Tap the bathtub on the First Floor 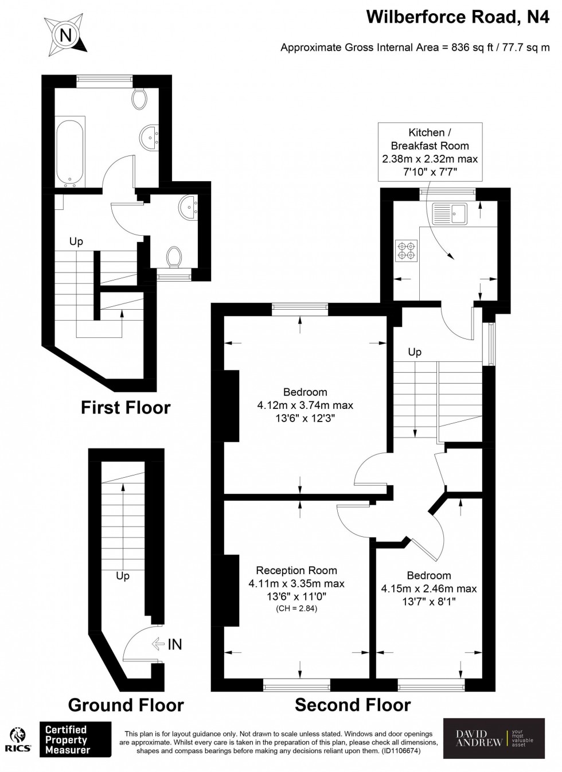click(70, 152)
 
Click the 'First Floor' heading click(126, 408)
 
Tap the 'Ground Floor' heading click(126, 705)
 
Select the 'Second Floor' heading click(353, 705)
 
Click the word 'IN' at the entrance click(174, 645)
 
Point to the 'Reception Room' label click(296, 571)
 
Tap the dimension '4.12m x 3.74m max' click(305, 406)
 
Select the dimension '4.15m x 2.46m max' click(428, 588)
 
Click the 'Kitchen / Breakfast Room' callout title click(430, 139)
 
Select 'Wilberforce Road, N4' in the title click(457, 18)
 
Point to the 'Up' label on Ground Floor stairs click(122, 576)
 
